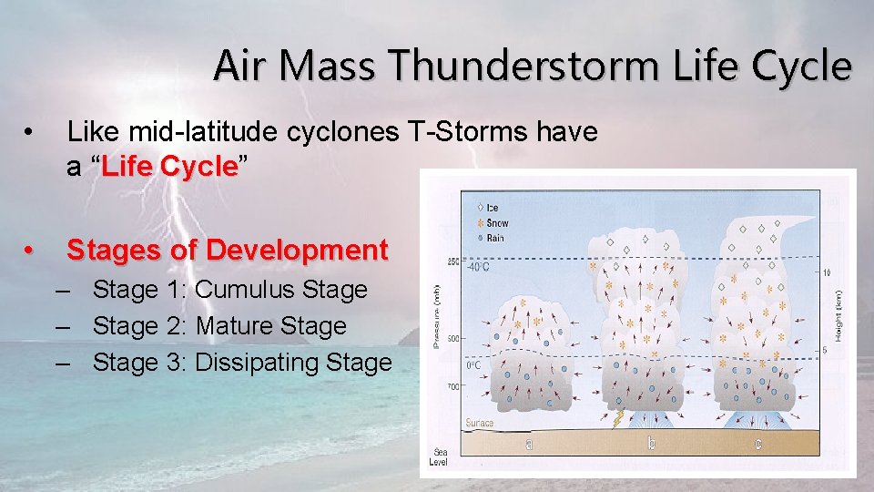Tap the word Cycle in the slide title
[x=802, y=67]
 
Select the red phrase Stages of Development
[x=228, y=249]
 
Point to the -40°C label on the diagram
[x=479, y=268]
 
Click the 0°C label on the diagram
[x=473, y=364]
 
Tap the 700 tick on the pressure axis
[x=452, y=388]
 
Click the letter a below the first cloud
[x=529, y=444]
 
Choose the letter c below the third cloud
[x=757, y=444]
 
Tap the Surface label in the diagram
[x=480, y=422]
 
